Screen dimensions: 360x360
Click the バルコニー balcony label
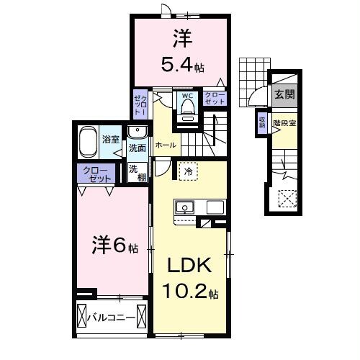point(112,316)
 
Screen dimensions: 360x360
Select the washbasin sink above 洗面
point(138,132)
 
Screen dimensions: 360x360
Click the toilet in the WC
point(187,108)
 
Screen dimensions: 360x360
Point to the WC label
point(186,94)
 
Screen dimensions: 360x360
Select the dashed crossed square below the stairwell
point(287,197)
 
